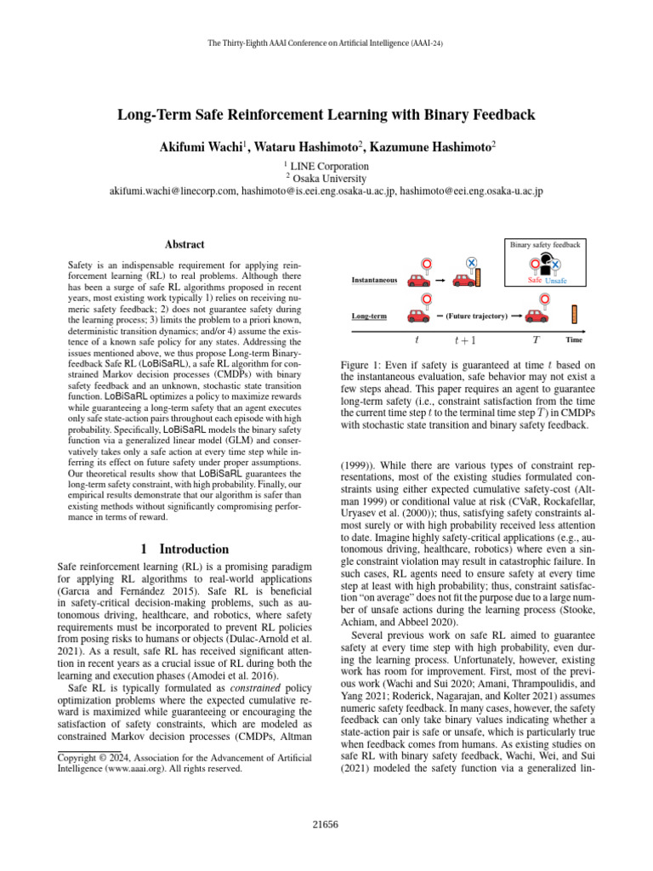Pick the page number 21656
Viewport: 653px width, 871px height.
coord(326,824)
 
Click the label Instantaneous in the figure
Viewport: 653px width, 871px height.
coord(373,280)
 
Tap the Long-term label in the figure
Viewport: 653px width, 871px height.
coord(369,316)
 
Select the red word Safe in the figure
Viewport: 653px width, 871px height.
coord(535,280)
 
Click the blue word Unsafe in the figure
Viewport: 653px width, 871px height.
coord(557,281)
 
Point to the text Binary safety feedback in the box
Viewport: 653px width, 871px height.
coord(545,245)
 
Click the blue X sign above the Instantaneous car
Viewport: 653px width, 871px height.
coord(472,265)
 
